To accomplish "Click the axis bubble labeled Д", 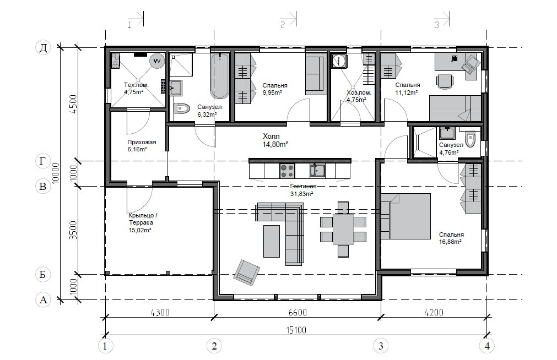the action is [x=43, y=47].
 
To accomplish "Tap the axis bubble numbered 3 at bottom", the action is [x=381, y=346].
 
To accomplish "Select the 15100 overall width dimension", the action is [x=296, y=330].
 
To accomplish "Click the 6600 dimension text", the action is [x=298, y=313].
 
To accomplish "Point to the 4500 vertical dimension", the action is [x=73, y=103].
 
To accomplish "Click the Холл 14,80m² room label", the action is [x=275, y=140].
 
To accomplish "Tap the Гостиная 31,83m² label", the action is [x=302, y=190].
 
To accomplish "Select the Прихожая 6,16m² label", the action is [x=142, y=145].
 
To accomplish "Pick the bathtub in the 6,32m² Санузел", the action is [x=220, y=76].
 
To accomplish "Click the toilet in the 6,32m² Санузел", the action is [x=182, y=108].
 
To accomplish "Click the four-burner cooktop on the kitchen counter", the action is [x=288, y=171].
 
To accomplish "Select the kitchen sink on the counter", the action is [x=317, y=171].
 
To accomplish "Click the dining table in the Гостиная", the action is [x=343, y=230].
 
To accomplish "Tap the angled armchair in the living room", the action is [x=246, y=272].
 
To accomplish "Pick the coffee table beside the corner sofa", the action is [x=272, y=241].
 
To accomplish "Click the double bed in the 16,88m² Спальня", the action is [x=405, y=216].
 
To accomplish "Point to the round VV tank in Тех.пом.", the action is [x=156, y=61].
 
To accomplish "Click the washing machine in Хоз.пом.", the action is [x=339, y=61].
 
